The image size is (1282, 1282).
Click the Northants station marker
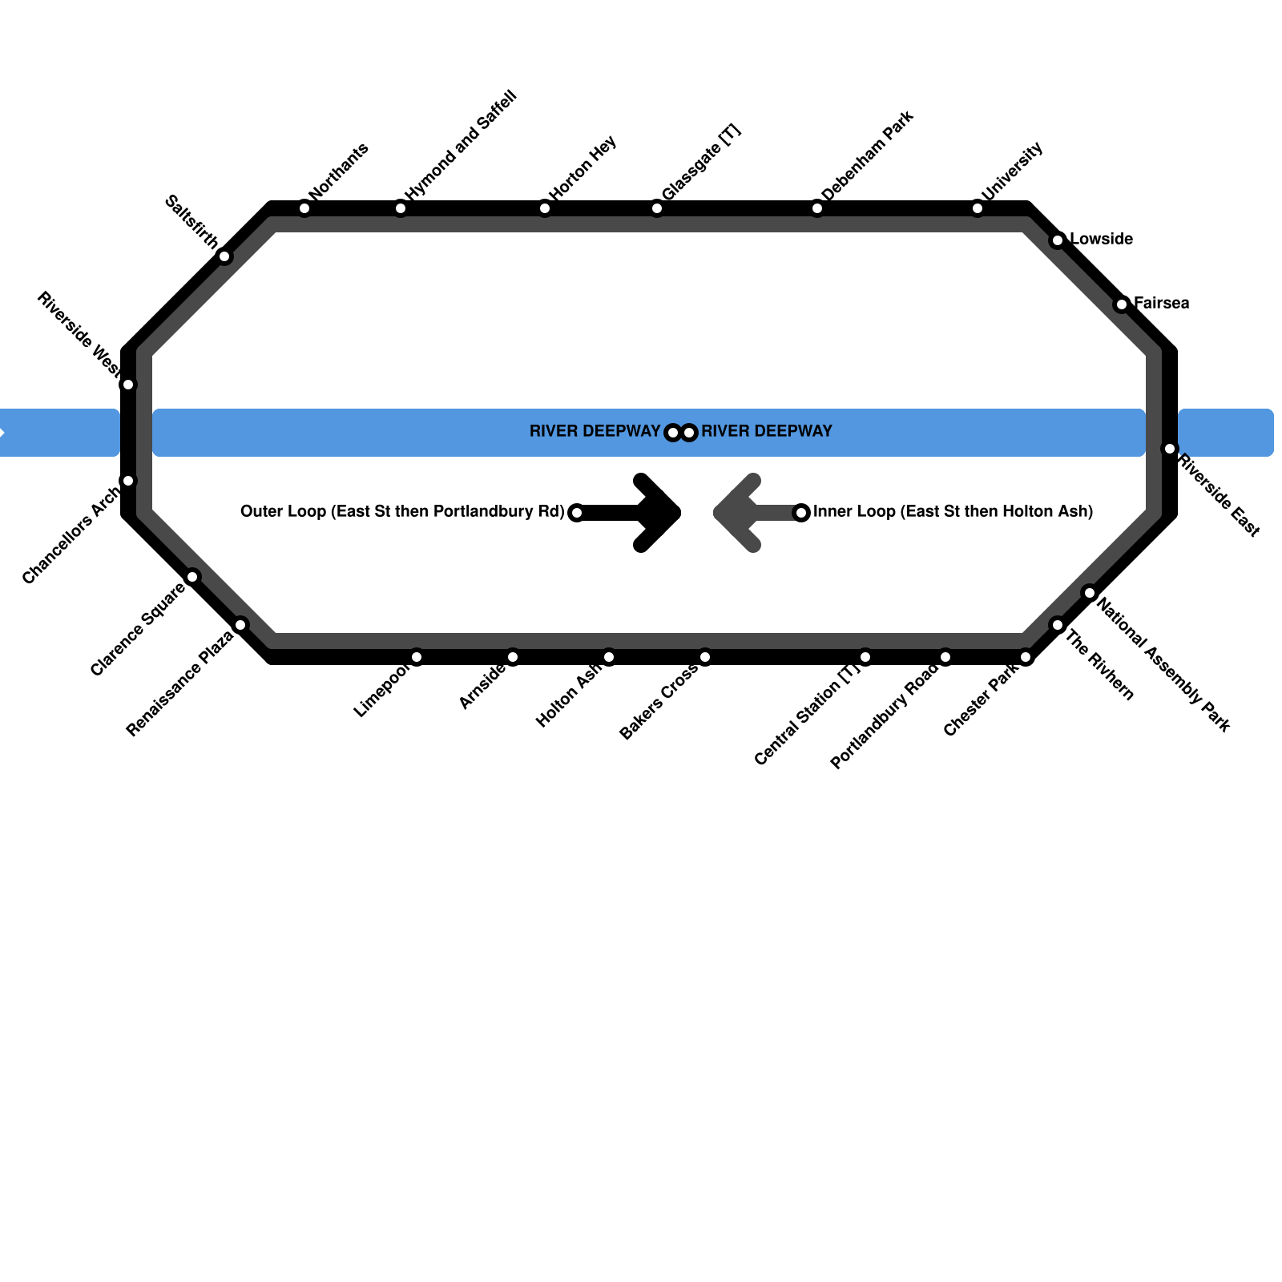pos(304,209)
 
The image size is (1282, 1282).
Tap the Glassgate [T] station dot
pos(657,209)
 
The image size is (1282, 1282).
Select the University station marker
pos(978,209)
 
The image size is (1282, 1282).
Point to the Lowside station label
pos(1101,240)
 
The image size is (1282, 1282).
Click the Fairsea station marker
pos(1122,304)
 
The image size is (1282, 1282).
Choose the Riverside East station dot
pos(1170,449)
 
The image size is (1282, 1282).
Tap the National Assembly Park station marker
pos(1090,593)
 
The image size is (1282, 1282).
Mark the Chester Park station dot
pos(1026,658)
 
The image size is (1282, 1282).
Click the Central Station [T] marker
pos(865,658)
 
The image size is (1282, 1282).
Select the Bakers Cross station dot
pos(705,658)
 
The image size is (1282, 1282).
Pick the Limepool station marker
pos(417,658)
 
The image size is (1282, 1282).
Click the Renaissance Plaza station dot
pos(240,625)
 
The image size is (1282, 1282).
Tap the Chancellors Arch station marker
pos(128,481)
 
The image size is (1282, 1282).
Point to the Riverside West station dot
pos(128,385)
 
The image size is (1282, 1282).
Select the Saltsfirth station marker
pos(224,256)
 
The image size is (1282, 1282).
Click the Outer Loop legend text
pos(402,512)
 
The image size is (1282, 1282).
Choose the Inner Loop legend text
pos(953,512)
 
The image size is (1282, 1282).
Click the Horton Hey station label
pos(583,167)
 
